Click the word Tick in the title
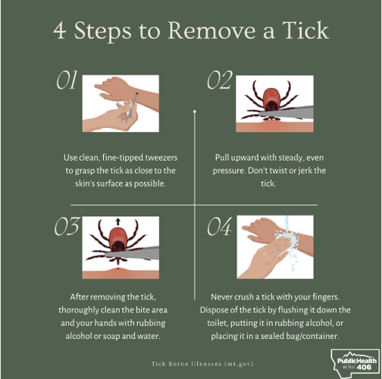301,31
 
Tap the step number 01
67,81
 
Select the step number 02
219,81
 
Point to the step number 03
67,227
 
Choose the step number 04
219,227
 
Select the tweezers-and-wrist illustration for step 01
120,103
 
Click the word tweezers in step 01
155,158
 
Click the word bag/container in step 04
308,337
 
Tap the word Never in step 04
225,297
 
